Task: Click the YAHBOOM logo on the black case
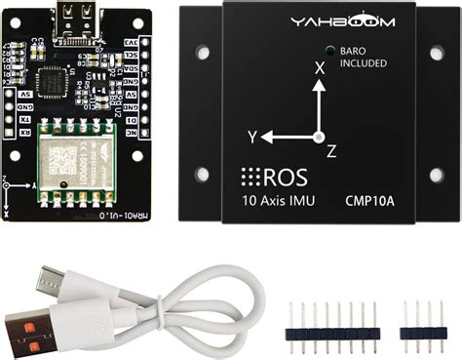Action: (317, 21)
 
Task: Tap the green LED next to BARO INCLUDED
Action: (332, 52)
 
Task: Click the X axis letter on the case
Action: (319, 68)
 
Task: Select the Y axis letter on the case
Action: (251, 136)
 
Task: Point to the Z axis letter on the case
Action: (331, 150)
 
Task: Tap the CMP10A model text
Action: (369, 203)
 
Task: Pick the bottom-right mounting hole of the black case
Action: (436, 175)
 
